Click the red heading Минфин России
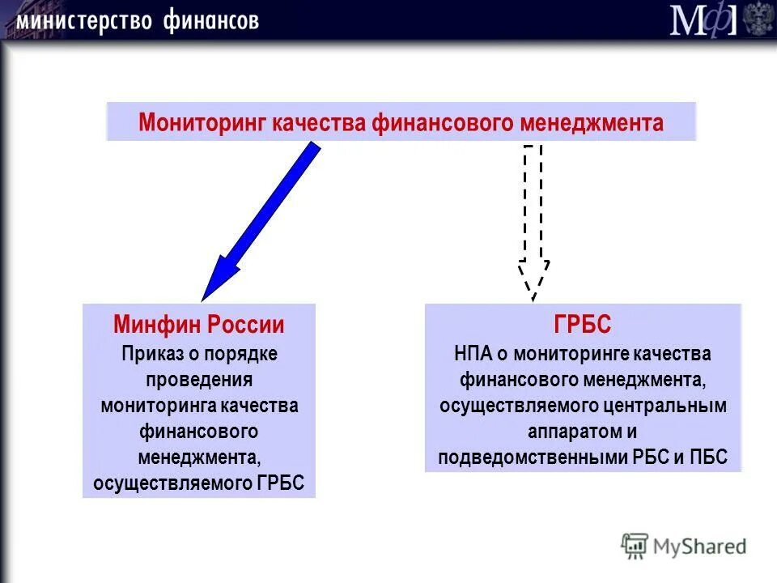pyautogui.click(x=199, y=326)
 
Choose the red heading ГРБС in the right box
pyautogui.click(x=583, y=326)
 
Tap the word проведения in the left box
pyautogui.click(x=199, y=380)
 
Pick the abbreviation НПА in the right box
pyautogui.click(x=473, y=354)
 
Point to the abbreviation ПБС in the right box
pyautogui.click(x=708, y=457)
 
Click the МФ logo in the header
pyautogui.click(x=702, y=19)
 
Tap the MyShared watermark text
pyautogui.click(x=699, y=547)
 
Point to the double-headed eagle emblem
pyautogui.click(x=758, y=19)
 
